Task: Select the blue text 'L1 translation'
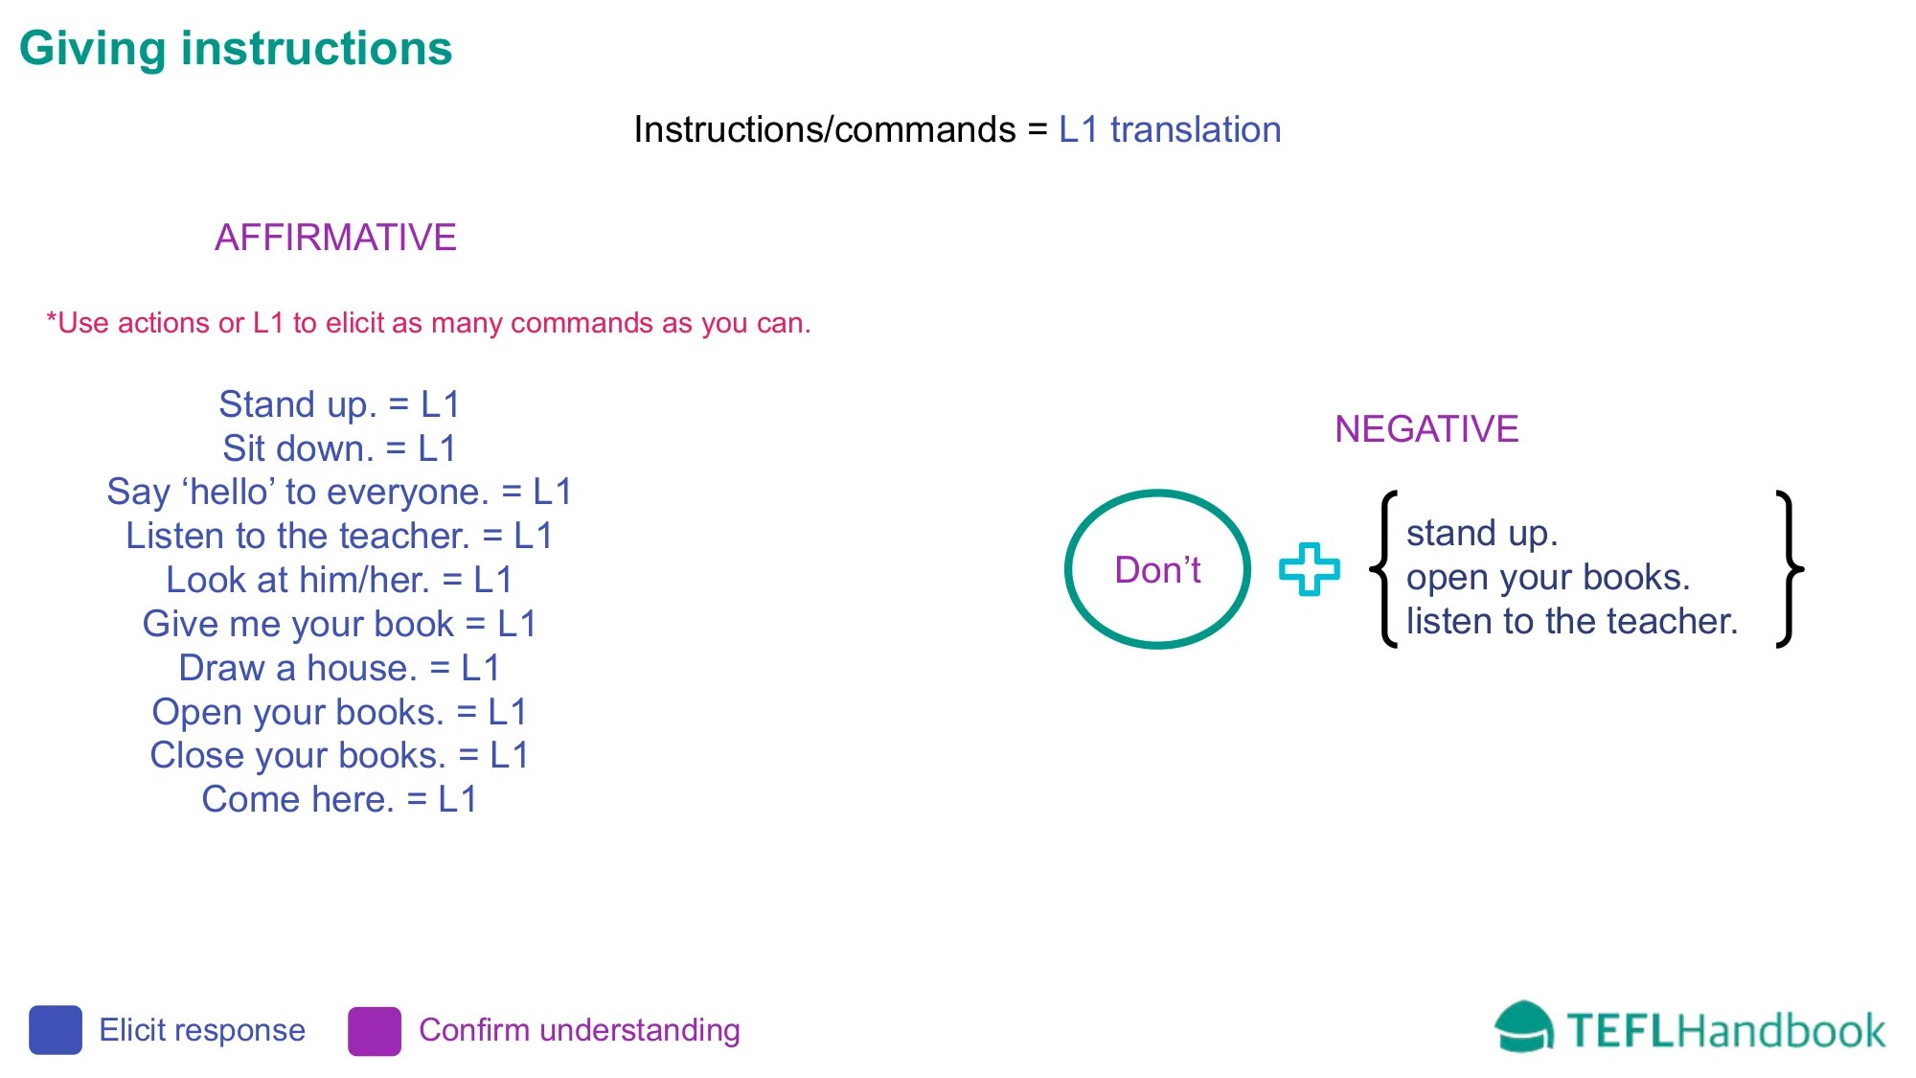[x=1170, y=129]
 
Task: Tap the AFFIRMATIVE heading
[x=335, y=238]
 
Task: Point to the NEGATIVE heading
[x=1426, y=429]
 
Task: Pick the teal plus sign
[x=1309, y=569]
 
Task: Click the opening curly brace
[x=1383, y=569]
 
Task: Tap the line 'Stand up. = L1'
[x=339, y=405]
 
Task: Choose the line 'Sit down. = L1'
[x=339, y=448]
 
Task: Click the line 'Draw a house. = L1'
[x=339, y=668]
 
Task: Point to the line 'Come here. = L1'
[x=339, y=799]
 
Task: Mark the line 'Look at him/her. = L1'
[x=339, y=580]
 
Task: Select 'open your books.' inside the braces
[x=1548, y=578]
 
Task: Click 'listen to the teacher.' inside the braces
[x=1572, y=621]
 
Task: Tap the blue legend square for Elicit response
[x=56, y=1030]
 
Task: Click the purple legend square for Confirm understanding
[x=375, y=1031]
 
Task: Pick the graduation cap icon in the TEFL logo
[x=1523, y=1026]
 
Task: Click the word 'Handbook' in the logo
[x=1780, y=1031]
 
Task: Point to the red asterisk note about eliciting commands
[x=428, y=324]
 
